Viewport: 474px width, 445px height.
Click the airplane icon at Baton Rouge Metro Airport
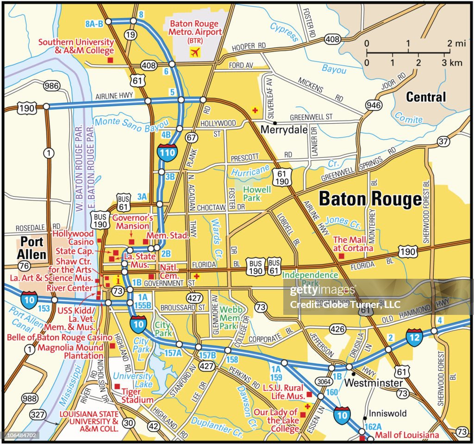tap(196, 52)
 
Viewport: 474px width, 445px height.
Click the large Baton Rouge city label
tap(370, 199)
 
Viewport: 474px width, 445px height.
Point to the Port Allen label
tap(32, 248)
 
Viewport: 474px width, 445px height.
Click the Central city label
tap(426, 97)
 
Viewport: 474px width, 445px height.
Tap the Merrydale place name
tap(284, 130)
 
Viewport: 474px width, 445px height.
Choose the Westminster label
tap(374, 383)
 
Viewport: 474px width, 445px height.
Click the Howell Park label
tap(256, 194)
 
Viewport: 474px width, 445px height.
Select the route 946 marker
tap(374, 106)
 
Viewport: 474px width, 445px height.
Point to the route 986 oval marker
tap(52, 86)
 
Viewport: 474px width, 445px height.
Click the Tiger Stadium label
tap(137, 395)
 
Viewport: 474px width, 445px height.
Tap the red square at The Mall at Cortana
tap(341, 256)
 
